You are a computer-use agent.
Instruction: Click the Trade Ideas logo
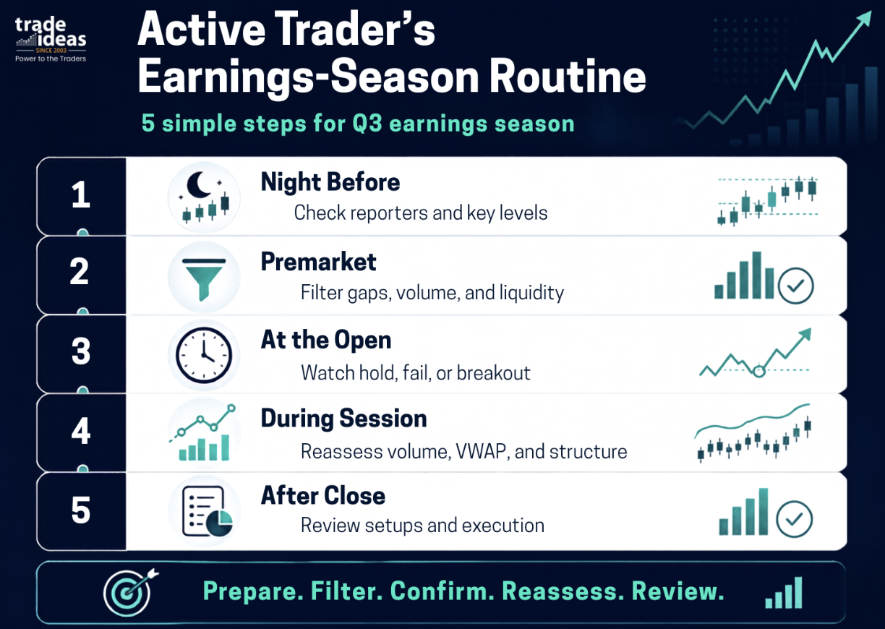tap(51, 40)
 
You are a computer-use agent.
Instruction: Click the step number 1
tap(81, 194)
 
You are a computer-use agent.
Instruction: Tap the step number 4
tap(80, 431)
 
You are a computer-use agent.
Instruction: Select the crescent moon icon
tap(198, 184)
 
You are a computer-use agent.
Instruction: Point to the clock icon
tap(204, 355)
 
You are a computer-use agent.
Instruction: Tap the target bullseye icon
tap(130, 592)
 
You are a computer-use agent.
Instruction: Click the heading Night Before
tap(330, 182)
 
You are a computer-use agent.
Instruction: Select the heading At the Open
tap(326, 341)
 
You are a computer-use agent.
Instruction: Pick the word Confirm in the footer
tap(442, 591)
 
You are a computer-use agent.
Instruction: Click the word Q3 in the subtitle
tap(367, 124)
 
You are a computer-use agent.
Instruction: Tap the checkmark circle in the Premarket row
tap(796, 286)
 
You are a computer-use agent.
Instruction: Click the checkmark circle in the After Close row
tap(794, 519)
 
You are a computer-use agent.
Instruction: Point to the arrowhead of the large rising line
tap(864, 18)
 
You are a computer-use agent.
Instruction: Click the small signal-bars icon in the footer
tap(784, 593)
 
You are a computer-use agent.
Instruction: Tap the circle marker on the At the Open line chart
tap(759, 372)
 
